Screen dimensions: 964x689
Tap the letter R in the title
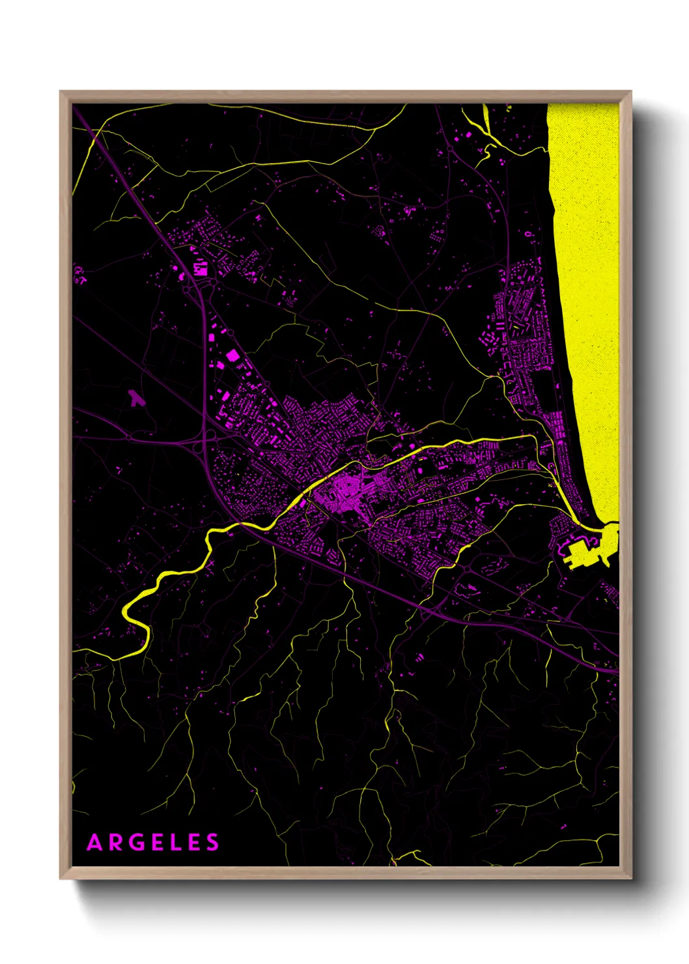(115, 843)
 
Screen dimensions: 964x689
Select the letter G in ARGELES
(135, 843)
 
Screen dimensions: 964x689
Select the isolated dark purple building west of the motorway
(135, 399)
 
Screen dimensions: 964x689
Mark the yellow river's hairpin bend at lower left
(128, 612)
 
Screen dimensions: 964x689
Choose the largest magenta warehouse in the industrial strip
(233, 355)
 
